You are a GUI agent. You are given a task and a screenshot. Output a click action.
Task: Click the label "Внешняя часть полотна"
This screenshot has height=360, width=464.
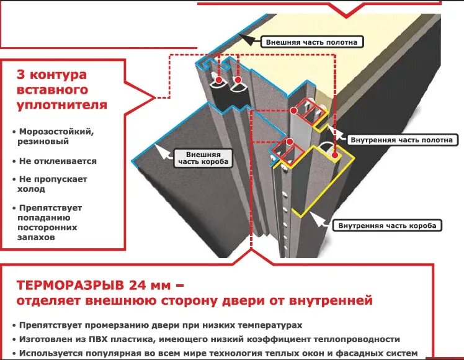click(x=312, y=42)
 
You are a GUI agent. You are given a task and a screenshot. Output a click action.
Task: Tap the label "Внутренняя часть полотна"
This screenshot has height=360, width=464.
click(x=401, y=140)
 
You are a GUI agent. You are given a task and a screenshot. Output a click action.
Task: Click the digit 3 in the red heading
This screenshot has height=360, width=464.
click(x=21, y=75)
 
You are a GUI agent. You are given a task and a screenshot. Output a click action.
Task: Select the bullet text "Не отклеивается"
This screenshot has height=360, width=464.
click(x=58, y=161)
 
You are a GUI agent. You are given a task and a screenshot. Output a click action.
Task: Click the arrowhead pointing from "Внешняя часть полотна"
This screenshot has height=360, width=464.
click(x=245, y=39)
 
